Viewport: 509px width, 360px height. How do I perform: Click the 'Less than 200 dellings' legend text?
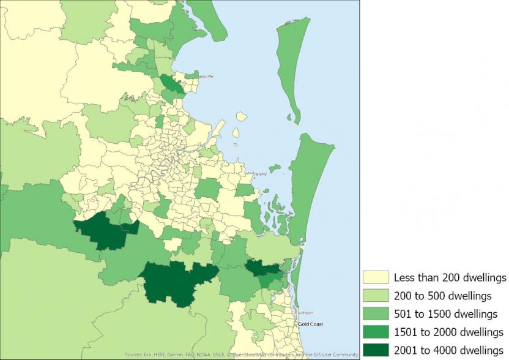[x=450, y=277]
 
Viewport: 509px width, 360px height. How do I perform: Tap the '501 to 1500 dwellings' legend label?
[x=445, y=314]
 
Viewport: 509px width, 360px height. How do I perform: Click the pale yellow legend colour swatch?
[x=376, y=277]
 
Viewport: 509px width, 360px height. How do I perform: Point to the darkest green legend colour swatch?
[x=376, y=350]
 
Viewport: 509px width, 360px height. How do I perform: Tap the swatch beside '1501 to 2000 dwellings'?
[x=376, y=332]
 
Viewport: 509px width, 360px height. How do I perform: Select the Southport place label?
[x=305, y=313]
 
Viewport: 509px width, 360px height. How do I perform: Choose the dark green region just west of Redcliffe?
[x=171, y=84]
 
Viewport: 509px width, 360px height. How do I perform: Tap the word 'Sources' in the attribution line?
[x=133, y=354]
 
